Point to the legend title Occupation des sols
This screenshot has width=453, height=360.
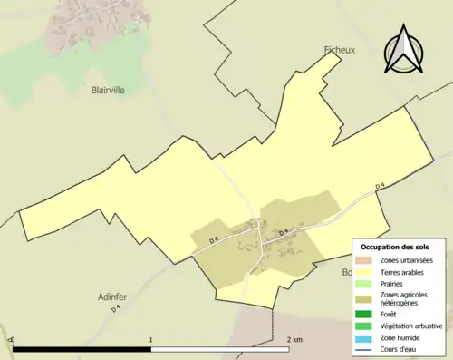coord(401,247)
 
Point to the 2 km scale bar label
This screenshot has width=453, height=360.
coord(294,339)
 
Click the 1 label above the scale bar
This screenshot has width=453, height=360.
coord(150,339)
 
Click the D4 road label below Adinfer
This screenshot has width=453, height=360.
coord(116,309)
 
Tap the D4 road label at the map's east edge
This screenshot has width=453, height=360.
coord(381,188)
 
